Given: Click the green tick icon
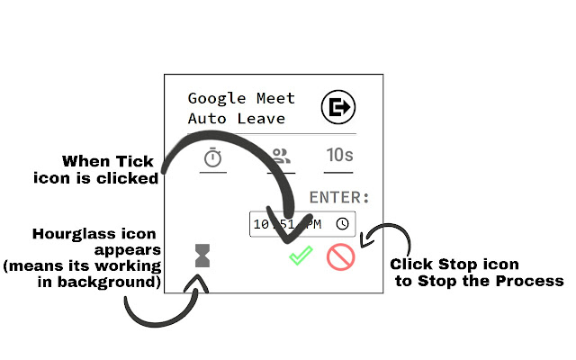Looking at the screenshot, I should [x=301, y=256].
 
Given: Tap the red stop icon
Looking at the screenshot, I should [x=340, y=257].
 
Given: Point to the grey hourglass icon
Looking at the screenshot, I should [x=202, y=256].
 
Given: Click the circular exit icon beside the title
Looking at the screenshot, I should [x=337, y=108].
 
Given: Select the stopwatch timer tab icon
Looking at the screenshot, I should [x=212, y=157].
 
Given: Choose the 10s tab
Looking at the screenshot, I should [x=338, y=155].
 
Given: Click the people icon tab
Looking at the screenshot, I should [x=283, y=157].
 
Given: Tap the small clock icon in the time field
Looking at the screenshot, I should [x=343, y=223].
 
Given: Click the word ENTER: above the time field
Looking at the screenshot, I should [x=339, y=197].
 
